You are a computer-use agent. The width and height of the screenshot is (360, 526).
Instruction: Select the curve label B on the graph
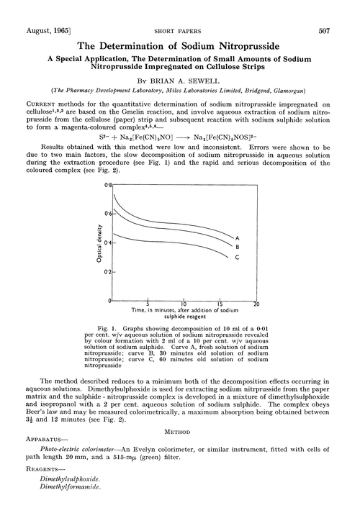tap(238, 247)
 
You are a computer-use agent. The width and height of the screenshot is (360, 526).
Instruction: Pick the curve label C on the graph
tap(238, 259)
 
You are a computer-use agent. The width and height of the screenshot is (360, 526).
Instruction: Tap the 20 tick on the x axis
tap(256, 304)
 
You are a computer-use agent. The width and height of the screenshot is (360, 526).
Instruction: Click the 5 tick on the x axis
tap(148, 304)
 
